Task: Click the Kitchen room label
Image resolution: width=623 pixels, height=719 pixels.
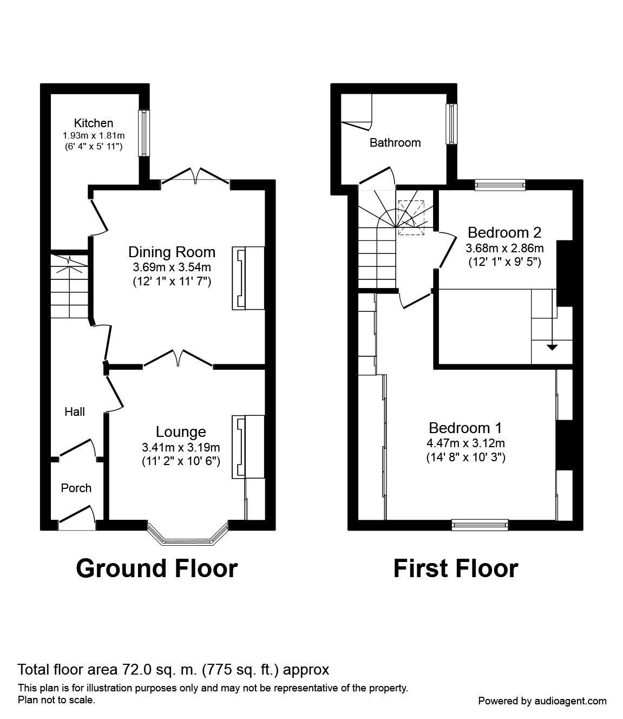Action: pyautogui.click(x=94, y=123)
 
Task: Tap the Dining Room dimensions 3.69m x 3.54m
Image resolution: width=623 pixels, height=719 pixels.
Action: pyautogui.click(x=172, y=267)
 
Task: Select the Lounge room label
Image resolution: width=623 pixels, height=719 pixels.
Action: pyautogui.click(x=181, y=432)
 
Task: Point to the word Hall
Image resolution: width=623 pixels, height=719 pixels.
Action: pyautogui.click(x=75, y=412)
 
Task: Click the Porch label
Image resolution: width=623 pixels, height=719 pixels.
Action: pyautogui.click(x=76, y=488)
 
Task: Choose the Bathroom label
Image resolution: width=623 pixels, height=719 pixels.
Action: pyautogui.click(x=395, y=143)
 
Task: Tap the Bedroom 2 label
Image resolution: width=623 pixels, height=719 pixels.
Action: pyautogui.click(x=504, y=233)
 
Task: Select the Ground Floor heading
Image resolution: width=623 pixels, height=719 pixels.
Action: pyautogui.click(x=156, y=568)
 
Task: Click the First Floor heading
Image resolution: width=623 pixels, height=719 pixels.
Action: pyautogui.click(x=455, y=568)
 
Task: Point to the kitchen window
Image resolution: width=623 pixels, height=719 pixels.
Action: pyautogui.click(x=143, y=133)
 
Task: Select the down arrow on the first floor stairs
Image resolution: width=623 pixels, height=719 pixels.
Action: pyautogui.click(x=551, y=347)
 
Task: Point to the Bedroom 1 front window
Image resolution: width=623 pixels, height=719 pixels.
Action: pyautogui.click(x=480, y=524)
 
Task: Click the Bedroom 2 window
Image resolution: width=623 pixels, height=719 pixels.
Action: pyautogui.click(x=500, y=185)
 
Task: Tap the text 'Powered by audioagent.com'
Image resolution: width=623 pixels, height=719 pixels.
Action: pyautogui.click(x=542, y=701)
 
